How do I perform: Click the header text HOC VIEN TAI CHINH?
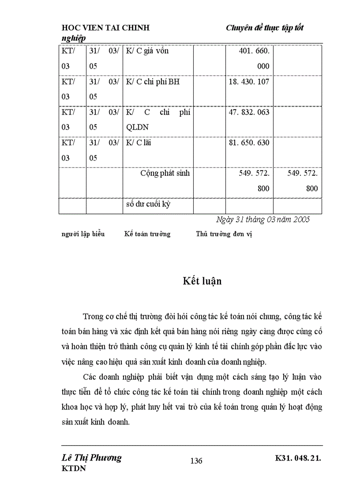(x=105, y=28)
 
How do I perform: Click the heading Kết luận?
(x=202, y=281)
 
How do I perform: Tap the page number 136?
(x=196, y=461)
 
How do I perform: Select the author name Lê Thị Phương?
(x=92, y=458)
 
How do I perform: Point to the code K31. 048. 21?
(x=298, y=458)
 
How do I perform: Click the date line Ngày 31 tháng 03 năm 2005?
(x=263, y=220)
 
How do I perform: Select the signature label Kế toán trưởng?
(x=147, y=234)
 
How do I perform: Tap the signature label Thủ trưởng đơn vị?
(x=224, y=234)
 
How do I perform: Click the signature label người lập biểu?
(x=83, y=234)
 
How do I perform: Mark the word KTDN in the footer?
(x=74, y=469)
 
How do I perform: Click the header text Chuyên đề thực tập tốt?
(x=264, y=28)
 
